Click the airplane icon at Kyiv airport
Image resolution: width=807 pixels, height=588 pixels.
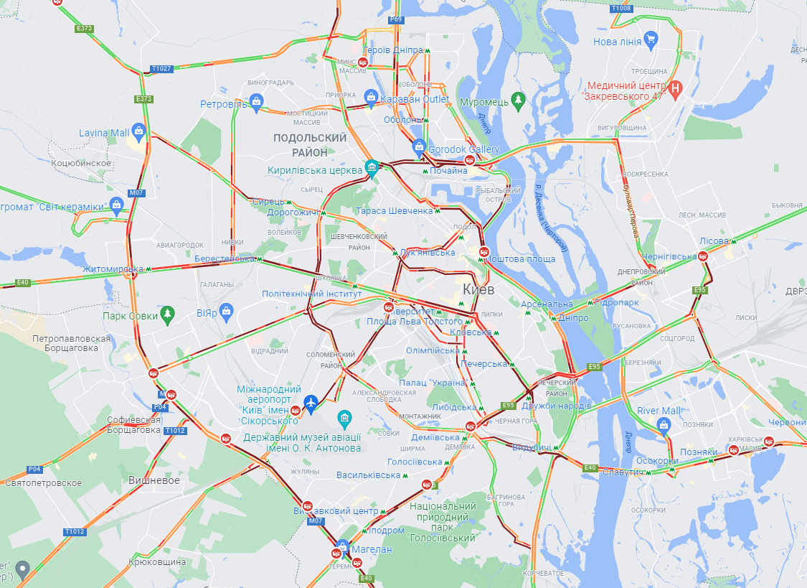pyautogui.click(x=311, y=404)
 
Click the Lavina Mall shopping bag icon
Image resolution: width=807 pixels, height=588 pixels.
pyautogui.click(x=139, y=131)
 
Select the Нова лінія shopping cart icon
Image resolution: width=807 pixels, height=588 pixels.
pyautogui.click(x=651, y=39)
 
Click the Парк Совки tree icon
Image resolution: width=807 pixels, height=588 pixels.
pyautogui.click(x=167, y=313)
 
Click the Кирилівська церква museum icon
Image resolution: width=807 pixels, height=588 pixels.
pyautogui.click(x=372, y=167)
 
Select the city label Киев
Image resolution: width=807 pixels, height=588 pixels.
pyautogui.click(x=479, y=289)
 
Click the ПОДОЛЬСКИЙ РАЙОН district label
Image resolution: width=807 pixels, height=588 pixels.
pyautogui.click(x=310, y=145)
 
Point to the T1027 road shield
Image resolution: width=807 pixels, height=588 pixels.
pyautogui.click(x=161, y=69)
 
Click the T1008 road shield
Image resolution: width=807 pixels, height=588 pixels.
pyautogui.click(x=621, y=8)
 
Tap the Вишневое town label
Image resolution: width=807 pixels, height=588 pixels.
pyautogui.click(x=154, y=480)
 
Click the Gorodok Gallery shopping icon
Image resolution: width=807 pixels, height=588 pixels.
pyautogui.click(x=420, y=147)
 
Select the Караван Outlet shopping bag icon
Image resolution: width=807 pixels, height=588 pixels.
pyautogui.click(x=371, y=96)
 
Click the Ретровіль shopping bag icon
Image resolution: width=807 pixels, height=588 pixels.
pyautogui.click(x=257, y=102)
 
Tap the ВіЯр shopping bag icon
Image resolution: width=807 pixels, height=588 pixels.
pyautogui.click(x=227, y=310)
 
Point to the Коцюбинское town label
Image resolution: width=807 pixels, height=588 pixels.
pyautogui.click(x=81, y=163)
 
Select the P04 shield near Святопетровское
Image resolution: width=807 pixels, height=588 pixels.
pyautogui.click(x=34, y=470)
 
